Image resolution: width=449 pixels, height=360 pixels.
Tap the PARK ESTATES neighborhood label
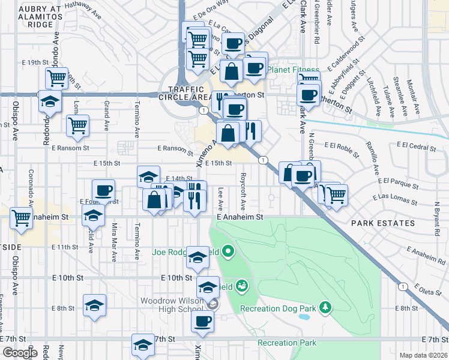click(x=383, y=223)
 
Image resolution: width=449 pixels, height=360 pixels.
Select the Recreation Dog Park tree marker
click(x=325, y=307)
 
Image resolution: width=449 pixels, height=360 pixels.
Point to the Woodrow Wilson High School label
click(x=172, y=305)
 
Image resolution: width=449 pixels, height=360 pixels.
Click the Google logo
click(x=20, y=353)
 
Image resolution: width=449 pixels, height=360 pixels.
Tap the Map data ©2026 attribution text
click(x=423, y=355)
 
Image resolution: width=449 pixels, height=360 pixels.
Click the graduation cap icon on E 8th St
click(x=95, y=305)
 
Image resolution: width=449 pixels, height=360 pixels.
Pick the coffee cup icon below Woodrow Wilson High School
click(x=202, y=321)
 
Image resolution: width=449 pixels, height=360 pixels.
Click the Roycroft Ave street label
click(x=244, y=188)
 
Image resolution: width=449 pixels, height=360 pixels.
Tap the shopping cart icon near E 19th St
click(x=56, y=77)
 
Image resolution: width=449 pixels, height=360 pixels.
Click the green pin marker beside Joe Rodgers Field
click(x=228, y=250)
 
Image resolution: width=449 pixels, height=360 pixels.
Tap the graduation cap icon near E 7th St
click(x=143, y=344)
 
